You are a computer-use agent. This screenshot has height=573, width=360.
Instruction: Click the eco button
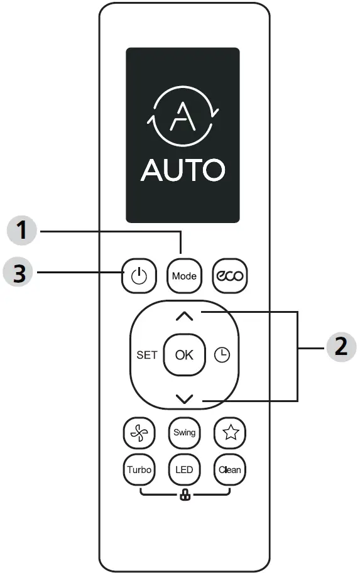[229, 276]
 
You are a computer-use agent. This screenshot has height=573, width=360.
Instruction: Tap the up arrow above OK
[184, 317]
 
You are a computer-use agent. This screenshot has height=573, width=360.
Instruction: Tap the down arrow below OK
[184, 398]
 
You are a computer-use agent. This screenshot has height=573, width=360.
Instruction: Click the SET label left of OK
[146, 355]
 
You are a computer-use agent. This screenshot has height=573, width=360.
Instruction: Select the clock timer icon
[222, 355]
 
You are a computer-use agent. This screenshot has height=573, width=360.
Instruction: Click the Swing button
[184, 432]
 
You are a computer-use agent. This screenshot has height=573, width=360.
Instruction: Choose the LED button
[184, 469]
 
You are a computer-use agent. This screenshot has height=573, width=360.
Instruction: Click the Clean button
[229, 469]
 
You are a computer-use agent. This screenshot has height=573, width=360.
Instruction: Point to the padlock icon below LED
[185, 496]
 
